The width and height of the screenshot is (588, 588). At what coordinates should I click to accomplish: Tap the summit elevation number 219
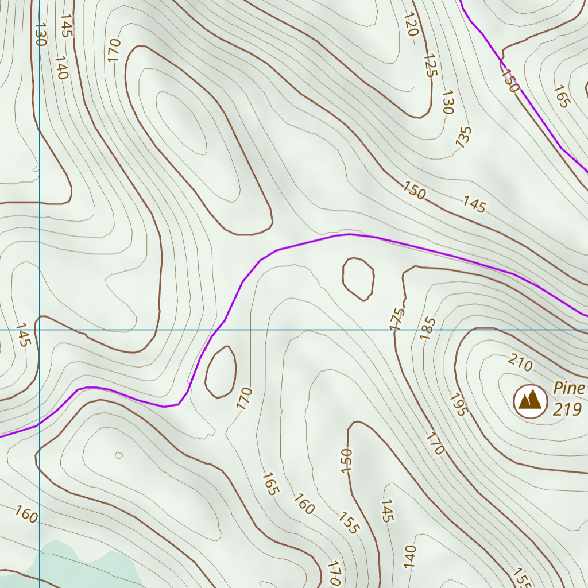point(568,409)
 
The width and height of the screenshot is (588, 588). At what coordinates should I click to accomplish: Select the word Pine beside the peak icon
point(569,388)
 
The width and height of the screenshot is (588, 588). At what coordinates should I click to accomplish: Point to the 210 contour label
point(520,363)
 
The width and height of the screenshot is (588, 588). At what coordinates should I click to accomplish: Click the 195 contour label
point(459,404)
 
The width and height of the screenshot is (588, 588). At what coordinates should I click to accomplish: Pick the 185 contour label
point(428,328)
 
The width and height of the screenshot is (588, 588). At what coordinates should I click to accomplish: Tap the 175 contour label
point(397,319)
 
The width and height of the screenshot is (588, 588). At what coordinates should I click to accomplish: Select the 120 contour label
point(410,24)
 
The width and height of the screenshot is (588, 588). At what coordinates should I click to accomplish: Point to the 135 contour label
point(463,137)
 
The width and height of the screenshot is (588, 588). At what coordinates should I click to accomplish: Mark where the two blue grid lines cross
point(39,330)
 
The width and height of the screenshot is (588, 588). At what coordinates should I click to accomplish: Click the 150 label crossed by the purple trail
point(509,80)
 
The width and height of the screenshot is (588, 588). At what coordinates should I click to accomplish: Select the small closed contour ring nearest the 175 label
point(358,278)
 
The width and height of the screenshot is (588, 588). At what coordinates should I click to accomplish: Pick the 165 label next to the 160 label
point(270,483)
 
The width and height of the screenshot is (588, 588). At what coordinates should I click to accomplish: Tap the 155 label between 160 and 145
point(348,522)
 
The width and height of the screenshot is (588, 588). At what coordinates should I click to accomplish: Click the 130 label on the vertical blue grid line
point(40,34)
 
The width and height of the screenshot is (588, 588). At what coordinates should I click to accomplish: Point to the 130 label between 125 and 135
point(448,102)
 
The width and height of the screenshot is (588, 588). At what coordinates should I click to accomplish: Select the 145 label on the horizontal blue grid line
point(23,334)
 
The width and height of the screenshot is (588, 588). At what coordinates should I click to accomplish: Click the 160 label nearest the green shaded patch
point(26,514)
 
